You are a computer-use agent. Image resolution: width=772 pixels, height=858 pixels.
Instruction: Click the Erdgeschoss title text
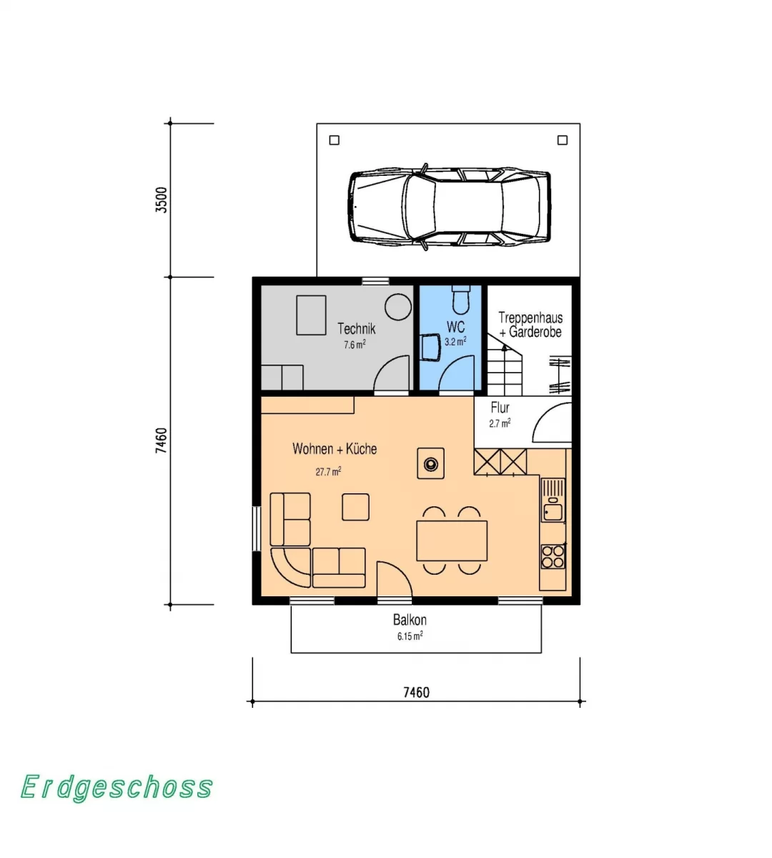[x=117, y=787]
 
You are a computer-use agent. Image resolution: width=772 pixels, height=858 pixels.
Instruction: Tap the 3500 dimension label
[x=162, y=199]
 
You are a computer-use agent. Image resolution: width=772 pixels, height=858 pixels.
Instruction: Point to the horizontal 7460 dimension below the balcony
[x=416, y=692]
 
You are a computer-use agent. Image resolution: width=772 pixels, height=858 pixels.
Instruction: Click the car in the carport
[x=449, y=207]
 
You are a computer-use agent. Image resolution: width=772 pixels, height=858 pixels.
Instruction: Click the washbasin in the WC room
[x=431, y=347]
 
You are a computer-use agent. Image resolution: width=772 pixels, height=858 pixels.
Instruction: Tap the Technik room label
[x=356, y=328]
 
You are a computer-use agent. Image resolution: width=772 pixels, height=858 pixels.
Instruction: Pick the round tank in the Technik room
[x=397, y=307]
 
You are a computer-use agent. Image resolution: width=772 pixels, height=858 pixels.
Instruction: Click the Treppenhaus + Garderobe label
[x=530, y=325]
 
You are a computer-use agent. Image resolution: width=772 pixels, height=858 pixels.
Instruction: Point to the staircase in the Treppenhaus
[x=505, y=365]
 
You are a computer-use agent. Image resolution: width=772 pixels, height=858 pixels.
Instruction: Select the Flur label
[x=500, y=408]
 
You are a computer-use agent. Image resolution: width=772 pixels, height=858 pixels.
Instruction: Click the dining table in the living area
[x=452, y=541]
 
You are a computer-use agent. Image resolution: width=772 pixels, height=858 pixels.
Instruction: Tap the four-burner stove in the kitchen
[x=553, y=556]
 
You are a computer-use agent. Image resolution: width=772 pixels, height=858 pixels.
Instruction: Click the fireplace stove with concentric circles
[x=431, y=463]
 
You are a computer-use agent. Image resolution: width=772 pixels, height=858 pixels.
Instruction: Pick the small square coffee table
[x=355, y=507]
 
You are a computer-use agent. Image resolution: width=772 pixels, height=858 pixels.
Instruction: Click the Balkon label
[x=410, y=620]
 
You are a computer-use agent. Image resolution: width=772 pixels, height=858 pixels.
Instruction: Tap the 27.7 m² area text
[x=328, y=472]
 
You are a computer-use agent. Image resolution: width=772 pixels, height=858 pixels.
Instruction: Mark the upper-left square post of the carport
[x=335, y=140]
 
